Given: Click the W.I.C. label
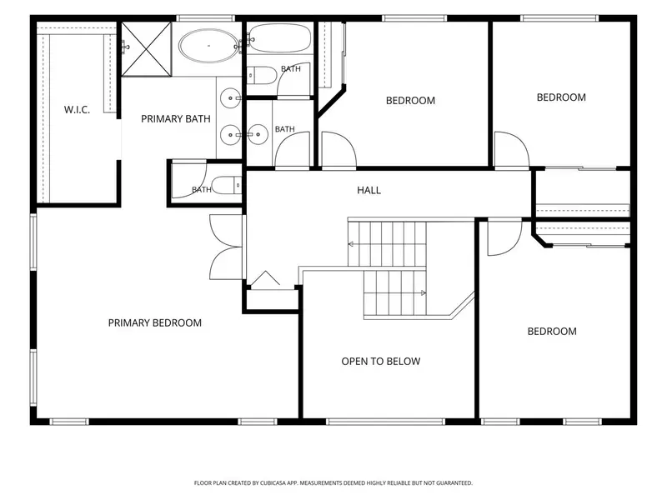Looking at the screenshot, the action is [x=77, y=110].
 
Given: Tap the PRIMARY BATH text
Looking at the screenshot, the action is [x=176, y=119].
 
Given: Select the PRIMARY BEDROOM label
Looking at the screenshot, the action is [x=155, y=323].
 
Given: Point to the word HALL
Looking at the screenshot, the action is [x=369, y=191].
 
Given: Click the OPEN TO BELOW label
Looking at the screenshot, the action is [x=381, y=362].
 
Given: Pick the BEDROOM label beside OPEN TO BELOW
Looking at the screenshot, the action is [x=552, y=332].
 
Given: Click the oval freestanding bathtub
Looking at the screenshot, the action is [x=209, y=46].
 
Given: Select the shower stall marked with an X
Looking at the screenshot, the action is [x=147, y=49].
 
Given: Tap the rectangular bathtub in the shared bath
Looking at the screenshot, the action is [x=279, y=37].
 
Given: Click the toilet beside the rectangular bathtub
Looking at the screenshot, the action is [x=262, y=76].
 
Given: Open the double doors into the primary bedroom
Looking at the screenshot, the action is [x=226, y=247].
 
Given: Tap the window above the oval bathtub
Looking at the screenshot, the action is [x=206, y=18].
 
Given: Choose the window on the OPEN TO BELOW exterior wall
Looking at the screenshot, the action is [x=386, y=422].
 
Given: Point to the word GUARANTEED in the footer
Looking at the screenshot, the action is [x=455, y=483].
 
